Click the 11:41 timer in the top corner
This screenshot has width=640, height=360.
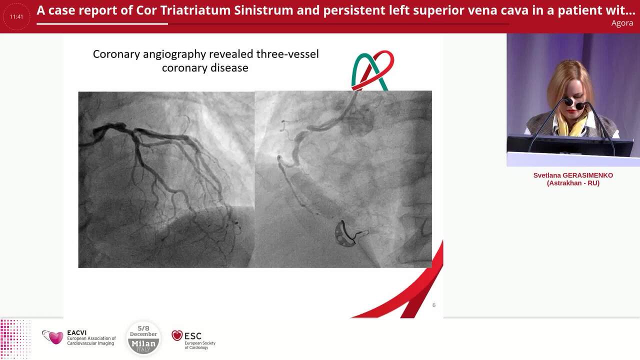coord(16,16)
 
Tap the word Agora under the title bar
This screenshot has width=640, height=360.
coord(622,23)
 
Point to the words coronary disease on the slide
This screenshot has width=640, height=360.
coord(205,67)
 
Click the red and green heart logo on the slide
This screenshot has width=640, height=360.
coord(372,70)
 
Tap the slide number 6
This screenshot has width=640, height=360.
coord(433,304)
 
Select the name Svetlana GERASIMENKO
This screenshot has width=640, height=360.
coord(573,175)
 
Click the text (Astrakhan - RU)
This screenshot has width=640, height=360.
coord(573,183)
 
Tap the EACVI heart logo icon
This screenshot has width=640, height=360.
coord(53,337)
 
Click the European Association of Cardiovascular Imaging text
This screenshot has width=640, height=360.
coord(91,341)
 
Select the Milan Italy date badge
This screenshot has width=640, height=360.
coord(143,338)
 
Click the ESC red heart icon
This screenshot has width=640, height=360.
coord(177,335)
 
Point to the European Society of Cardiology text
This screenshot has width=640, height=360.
coord(200,345)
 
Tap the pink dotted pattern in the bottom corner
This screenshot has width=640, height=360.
coord(15,338)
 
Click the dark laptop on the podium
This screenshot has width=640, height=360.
coord(570,145)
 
